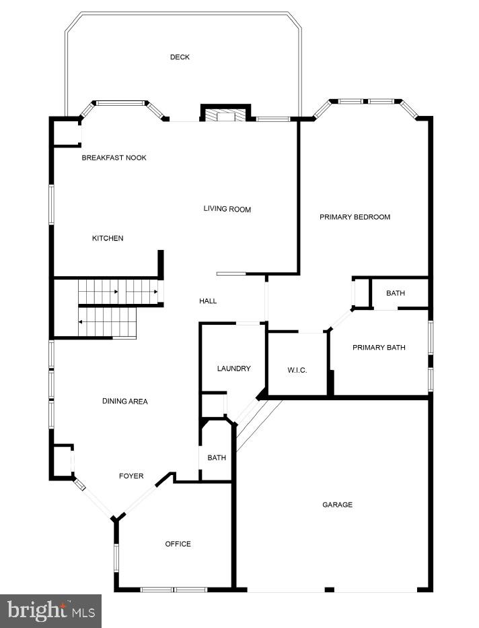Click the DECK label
[180, 57]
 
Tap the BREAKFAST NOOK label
[114, 158]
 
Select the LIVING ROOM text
[227, 210]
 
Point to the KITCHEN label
[108, 239]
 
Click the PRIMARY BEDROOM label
[355, 217]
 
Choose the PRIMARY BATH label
[379, 348]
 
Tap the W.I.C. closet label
[297, 370]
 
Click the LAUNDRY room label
[233, 369]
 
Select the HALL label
[208, 301]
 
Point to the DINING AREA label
[124, 402]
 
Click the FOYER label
[131, 476]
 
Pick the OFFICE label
[178, 544]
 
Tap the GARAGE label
[337, 505]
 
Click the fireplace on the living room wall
[225, 116]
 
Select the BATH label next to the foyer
[217, 458]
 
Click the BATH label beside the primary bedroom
[396, 293]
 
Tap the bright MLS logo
[50, 611]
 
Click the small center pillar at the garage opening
[329, 590]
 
